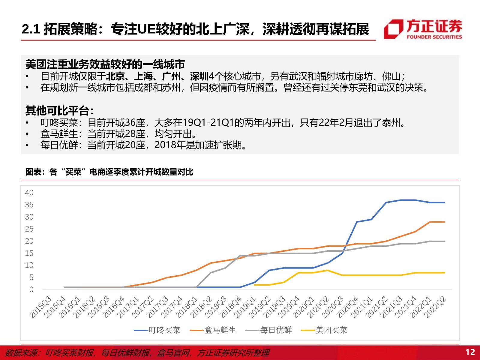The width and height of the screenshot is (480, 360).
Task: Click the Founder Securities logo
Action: pos(423,29)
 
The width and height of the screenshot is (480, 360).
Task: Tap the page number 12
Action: pos(470,352)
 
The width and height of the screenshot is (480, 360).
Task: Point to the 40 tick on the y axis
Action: pos(29,193)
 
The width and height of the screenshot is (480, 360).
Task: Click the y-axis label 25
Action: pos(29,229)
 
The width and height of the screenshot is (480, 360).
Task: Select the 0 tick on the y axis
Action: pos(31,289)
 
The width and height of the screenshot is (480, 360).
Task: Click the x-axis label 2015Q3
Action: pos(41,307)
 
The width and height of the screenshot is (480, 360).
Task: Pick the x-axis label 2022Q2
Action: pos(435,307)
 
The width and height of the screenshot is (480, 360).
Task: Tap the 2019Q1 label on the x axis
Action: pos(246,307)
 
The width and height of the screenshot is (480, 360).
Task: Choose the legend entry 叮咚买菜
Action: pos(157,330)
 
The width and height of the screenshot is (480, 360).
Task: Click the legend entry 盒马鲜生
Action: pos(213,330)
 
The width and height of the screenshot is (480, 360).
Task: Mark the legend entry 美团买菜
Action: pos(324,330)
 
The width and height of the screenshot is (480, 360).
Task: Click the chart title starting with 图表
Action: pos(109,172)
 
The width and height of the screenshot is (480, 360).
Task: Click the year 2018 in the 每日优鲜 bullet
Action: pos(165,145)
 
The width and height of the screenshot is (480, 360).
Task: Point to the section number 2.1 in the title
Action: pos(31,29)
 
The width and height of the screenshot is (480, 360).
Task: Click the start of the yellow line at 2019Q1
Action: pos(254,285)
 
